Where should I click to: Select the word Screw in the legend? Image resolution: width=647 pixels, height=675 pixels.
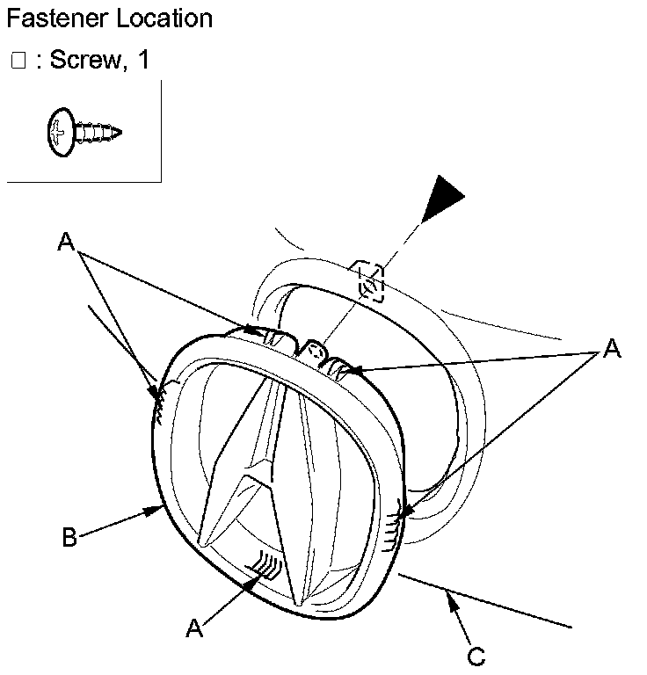(x=87, y=61)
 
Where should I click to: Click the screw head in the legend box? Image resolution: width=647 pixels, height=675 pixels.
(x=59, y=133)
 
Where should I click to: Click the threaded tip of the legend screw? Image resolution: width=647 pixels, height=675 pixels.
(x=114, y=134)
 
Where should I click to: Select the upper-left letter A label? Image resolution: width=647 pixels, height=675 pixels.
(x=65, y=242)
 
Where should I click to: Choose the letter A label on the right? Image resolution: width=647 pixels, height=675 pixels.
(x=612, y=350)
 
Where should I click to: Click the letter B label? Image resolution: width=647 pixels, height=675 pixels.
(x=69, y=537)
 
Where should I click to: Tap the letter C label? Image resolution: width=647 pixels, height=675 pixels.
(x=476, y=655)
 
